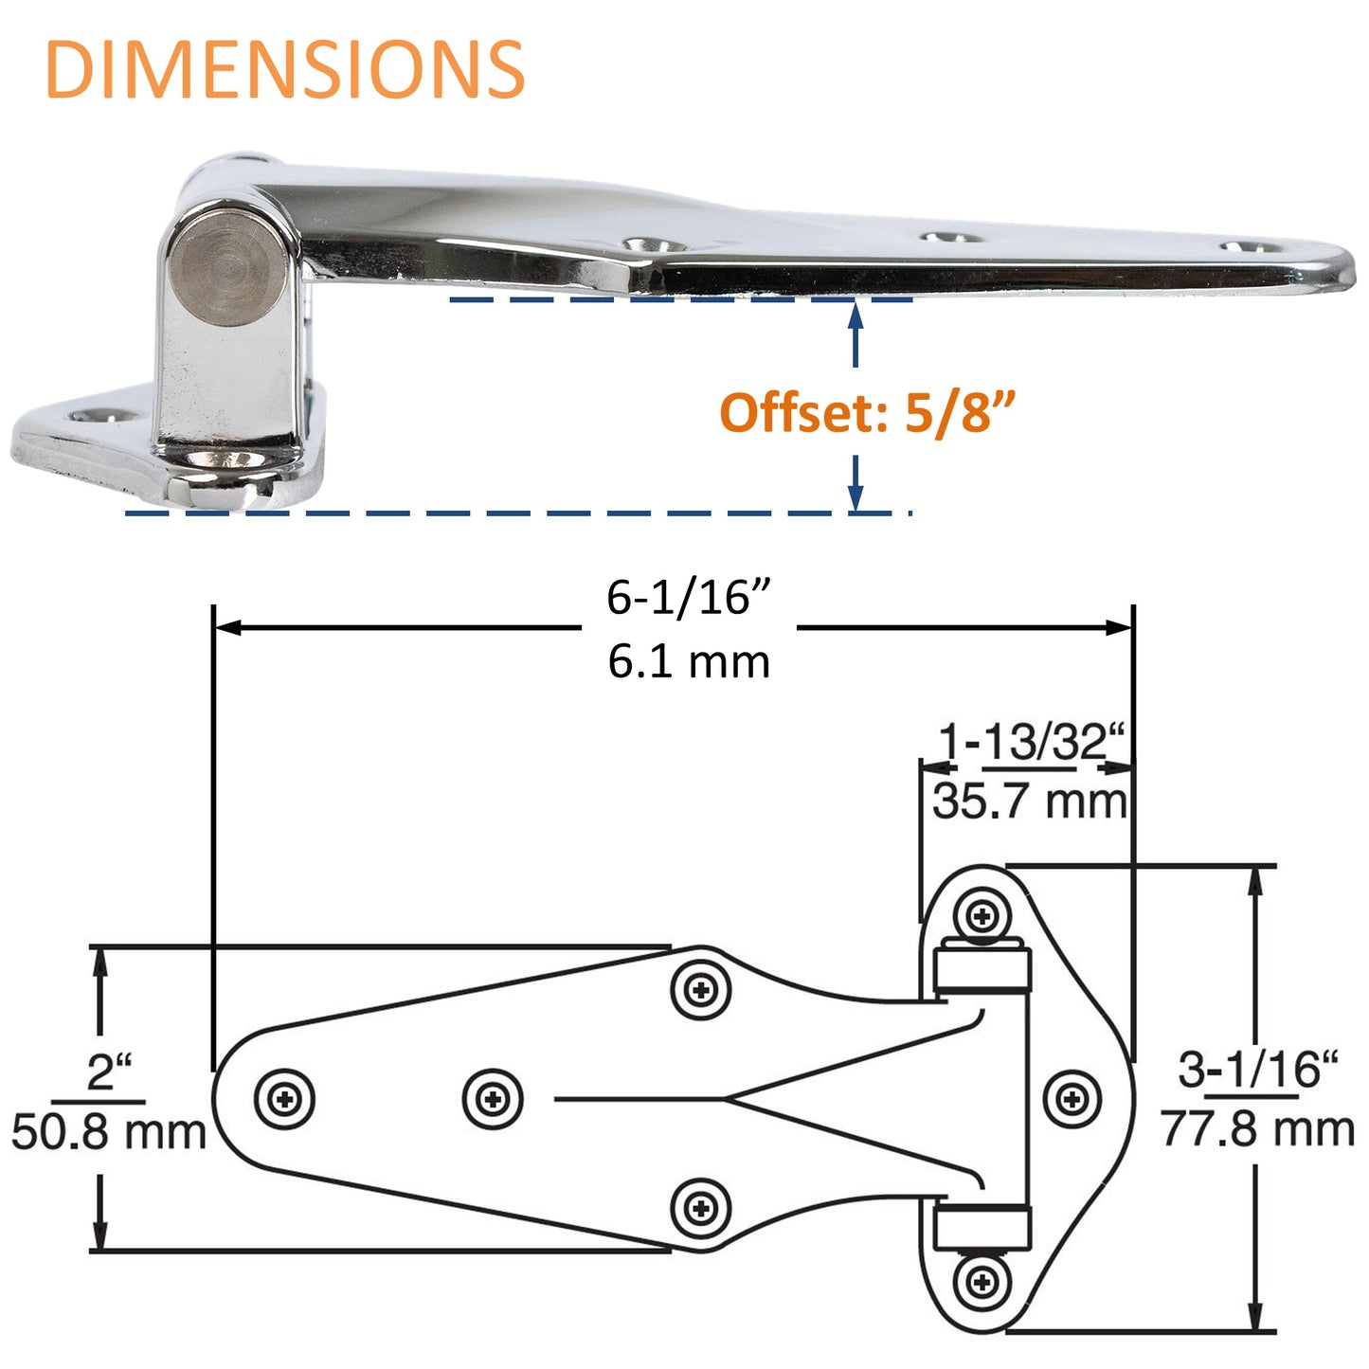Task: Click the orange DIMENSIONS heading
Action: pos(284,70)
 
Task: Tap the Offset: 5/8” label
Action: pos(868,413)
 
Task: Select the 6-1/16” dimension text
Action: pos(689,597)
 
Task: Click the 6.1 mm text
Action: pos(689,660)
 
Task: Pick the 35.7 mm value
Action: pos(1030,802)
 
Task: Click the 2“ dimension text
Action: pos(109,1072)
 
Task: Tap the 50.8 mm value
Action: pos(109,1132)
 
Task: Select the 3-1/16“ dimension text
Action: pos(1257,1070)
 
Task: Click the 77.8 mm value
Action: pos(1257,1129)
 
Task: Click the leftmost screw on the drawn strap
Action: pos(284,1099)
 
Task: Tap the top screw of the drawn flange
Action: pos(982,916)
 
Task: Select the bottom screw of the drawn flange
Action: pos(982,1283)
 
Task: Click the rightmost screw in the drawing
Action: pos(1072,1100)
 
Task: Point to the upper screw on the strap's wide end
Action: pos(701,991)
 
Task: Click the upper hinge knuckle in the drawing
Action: pos(982,970)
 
